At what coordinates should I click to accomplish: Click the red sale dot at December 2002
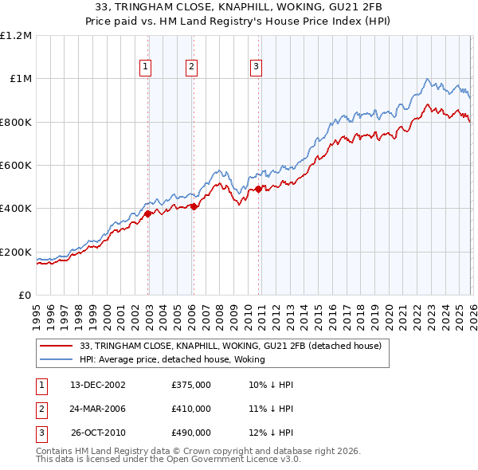point(148,213)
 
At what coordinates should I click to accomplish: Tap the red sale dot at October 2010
point(258,189)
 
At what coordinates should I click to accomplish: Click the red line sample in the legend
point(56,346)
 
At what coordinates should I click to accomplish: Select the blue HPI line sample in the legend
point(56,358)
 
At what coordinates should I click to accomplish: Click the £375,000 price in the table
point(191,385)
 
